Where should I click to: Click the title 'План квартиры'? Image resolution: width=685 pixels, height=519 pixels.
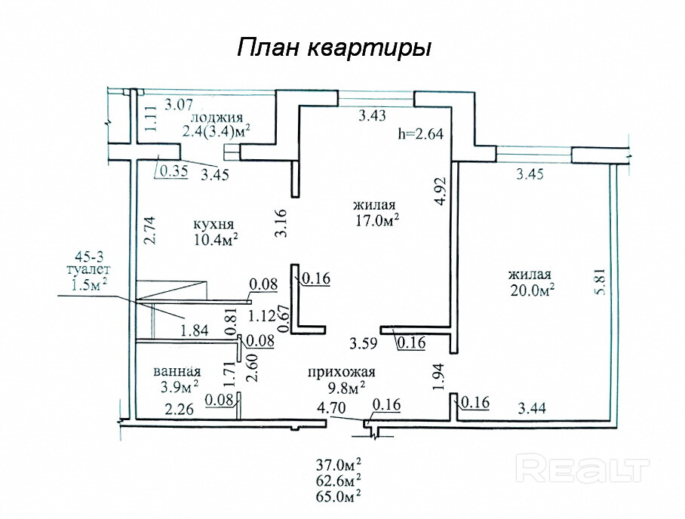(x=334, y=48)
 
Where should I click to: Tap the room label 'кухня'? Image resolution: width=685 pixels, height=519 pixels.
(x=213, y=225)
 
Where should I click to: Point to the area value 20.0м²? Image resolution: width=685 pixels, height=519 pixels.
(x=532, y=290)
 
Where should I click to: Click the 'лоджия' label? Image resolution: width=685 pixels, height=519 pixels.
(x=217, y=118)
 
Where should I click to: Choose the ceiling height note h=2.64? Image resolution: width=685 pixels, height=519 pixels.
(x=420, y=134)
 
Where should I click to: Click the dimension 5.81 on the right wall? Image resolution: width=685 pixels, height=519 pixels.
(x=601, y=281)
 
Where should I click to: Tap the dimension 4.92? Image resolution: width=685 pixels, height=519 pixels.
(x=441, y=190)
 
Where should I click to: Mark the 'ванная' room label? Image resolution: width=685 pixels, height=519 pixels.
(x=177, y=372)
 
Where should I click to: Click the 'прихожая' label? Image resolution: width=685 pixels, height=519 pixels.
(x=341, y=372)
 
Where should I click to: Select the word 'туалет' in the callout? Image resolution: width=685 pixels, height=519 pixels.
(x=87, y=269)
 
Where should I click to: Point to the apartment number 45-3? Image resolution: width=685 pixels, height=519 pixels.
(x=89, y=256)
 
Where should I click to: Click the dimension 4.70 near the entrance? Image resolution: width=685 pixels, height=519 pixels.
(x=331, y=407)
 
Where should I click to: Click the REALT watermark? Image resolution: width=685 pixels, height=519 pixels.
(x=582, y=468)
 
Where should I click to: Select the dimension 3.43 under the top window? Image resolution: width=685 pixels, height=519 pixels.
(x=372, y=115)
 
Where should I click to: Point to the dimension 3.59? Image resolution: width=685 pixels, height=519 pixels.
(x=363, y=343)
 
